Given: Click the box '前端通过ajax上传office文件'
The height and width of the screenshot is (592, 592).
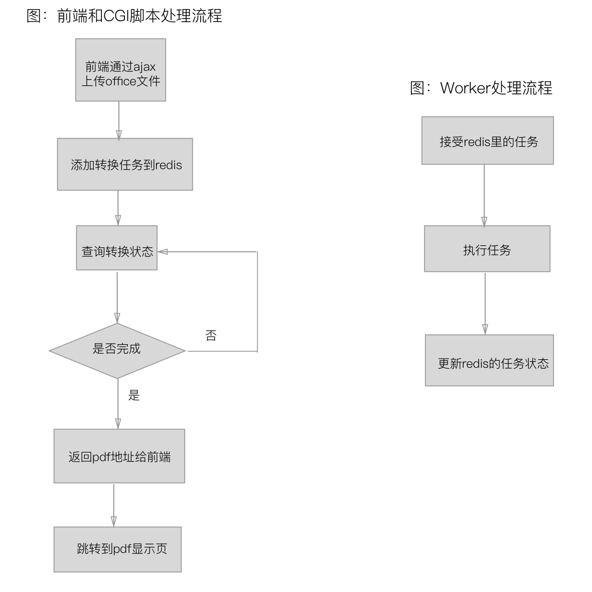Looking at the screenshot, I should click(x=120, y=70).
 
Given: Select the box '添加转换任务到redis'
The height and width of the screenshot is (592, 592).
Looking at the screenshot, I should click(x=125, y=165).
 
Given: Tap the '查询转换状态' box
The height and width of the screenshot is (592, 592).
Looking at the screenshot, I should click(x=117, y=248).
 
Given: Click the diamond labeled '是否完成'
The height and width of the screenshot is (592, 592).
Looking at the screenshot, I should click(x=117, y=350).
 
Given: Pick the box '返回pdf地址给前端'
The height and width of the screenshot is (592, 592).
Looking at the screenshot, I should click(x=119, y=456).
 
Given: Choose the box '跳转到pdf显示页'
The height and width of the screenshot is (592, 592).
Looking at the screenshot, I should click(x=117, y=549).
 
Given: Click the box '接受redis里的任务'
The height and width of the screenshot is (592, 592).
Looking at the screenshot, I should click(x=488, y=140).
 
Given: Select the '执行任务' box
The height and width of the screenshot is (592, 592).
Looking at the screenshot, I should click(x=487, y=249).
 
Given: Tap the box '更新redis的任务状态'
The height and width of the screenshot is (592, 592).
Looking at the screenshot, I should click(x=489, y=360).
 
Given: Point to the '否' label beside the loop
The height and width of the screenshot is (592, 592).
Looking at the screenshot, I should click(x=211, y=336).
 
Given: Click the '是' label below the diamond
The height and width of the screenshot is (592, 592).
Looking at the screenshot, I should click(x=134, y=395).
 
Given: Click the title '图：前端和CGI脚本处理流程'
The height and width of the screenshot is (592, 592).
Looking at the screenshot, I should click(x=124, y=16).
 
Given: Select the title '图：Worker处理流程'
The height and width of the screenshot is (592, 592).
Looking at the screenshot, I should click(x=481, y=88).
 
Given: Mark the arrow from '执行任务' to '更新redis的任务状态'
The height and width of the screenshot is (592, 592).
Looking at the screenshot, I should click(x=485, y=303).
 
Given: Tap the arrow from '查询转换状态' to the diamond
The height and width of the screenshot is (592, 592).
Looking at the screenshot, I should click(x=117, y=296).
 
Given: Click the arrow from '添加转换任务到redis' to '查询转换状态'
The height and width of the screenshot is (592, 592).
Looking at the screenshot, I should click(x=118, y=208).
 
